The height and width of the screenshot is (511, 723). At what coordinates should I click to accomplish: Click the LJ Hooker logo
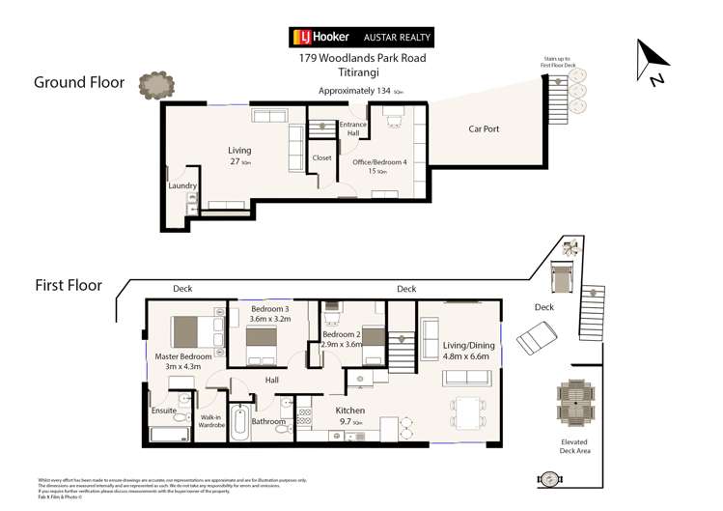320,38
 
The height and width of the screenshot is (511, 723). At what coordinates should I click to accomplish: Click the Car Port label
484,128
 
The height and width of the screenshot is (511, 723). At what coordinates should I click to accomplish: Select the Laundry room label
182,185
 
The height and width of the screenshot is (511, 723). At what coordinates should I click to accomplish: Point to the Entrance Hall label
352,129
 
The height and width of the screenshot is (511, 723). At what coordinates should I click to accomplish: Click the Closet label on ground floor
321,157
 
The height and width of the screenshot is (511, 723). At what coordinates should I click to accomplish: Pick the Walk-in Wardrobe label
211,421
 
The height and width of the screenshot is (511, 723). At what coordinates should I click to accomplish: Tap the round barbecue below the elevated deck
550,479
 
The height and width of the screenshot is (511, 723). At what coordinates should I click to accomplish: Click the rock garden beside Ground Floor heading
155,86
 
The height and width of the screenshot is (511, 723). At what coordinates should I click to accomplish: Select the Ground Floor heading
79,83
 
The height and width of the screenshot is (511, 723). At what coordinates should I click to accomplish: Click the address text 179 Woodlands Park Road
362,58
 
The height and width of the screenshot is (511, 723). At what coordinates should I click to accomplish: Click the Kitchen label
348,411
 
